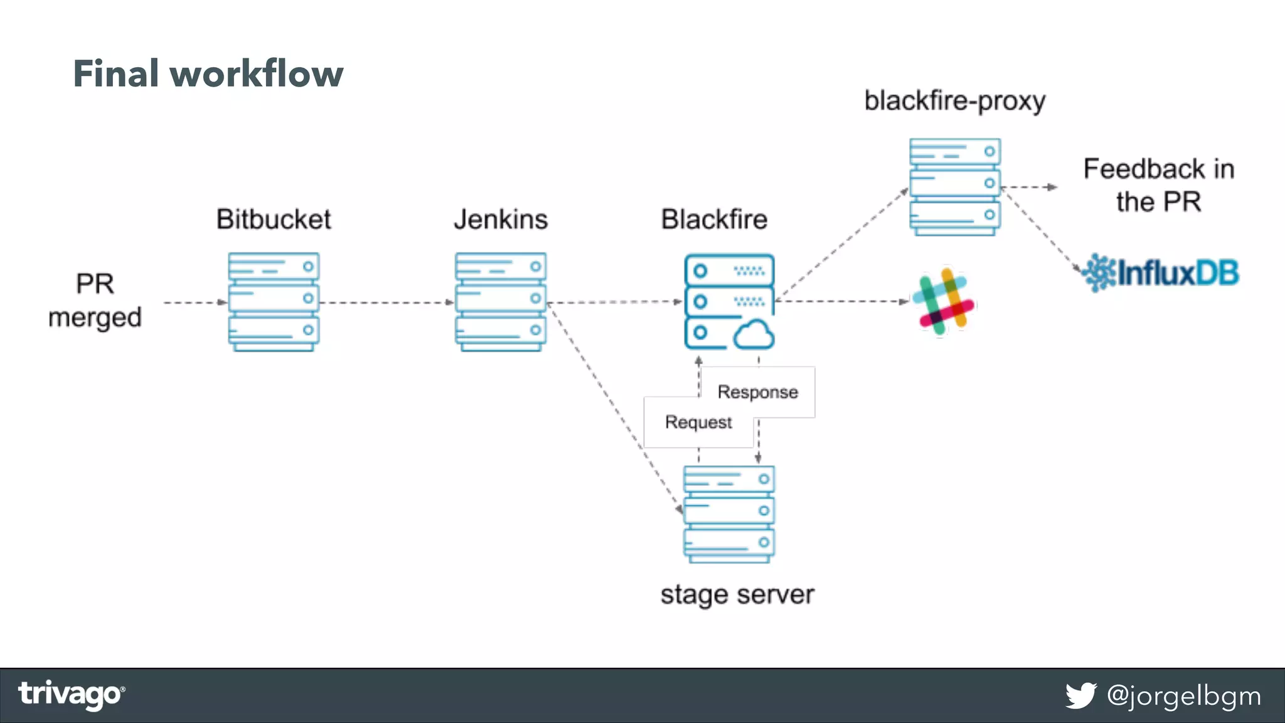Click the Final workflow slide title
pos(208,73)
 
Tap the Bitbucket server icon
pos(274,301)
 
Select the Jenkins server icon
pos(500,301)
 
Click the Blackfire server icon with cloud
pos(728,301)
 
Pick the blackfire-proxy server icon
pos(954,187)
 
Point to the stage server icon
pos(728,513)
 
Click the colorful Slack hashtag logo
pos(942,302)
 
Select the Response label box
pos(758,392)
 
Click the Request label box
pos(698,422)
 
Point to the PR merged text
pos(95,301)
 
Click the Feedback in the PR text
pos(1158,185)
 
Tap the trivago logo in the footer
pos(71,695)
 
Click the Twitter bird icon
pos(1080,695)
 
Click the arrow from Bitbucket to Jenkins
pos(386,303)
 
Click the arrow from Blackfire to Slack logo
pos(841,302)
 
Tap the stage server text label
pos(737,594)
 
